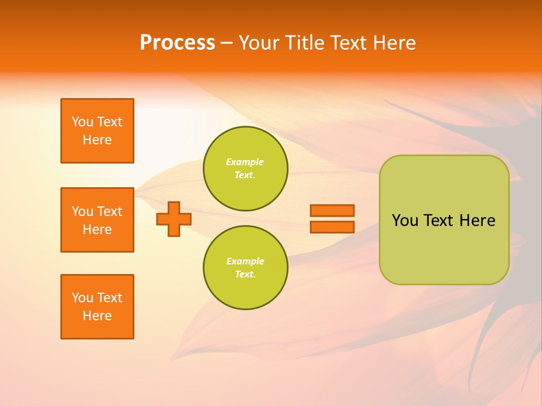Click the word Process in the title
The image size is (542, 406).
tap(177, 43)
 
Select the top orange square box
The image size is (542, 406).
tap(97, 131)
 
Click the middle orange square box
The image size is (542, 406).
tap(97, 220)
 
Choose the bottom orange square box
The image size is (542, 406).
tap(97, 307)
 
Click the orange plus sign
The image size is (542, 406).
tap(174, 219)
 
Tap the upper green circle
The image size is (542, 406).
tap(246, 169)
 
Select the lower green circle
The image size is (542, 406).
tap(246, 268)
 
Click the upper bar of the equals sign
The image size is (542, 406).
tap(333, 211)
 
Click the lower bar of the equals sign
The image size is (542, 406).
tap(333, 227)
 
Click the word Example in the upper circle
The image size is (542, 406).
tap(245, 162)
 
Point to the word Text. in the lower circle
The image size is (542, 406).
tap(245, 275)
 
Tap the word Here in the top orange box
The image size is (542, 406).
tap(97, 140)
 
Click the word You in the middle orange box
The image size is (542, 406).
tap(82, 211)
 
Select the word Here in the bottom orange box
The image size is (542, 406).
tap(97, 316)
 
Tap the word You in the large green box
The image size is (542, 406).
tap(405, 220)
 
